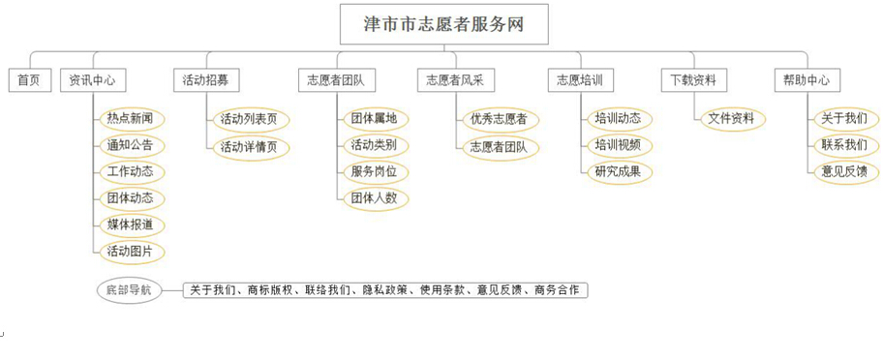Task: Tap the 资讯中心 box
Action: (x=93, y=81)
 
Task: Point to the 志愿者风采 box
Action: (x=455, y=81)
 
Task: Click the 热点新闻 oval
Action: (x=130, y=119)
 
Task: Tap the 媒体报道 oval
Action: (x=130, y=225)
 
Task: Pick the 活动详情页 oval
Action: (x=249, y=146)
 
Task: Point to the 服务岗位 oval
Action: (x=373, y=172)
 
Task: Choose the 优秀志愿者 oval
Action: (x=498, y=119)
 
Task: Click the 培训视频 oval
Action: (x=618, y=146)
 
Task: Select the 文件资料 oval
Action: (x=732, y=119)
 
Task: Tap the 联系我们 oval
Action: (x=843, y=146)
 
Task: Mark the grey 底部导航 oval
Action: (x=129, y=289)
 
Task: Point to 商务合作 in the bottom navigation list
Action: (x=558, y=290)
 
